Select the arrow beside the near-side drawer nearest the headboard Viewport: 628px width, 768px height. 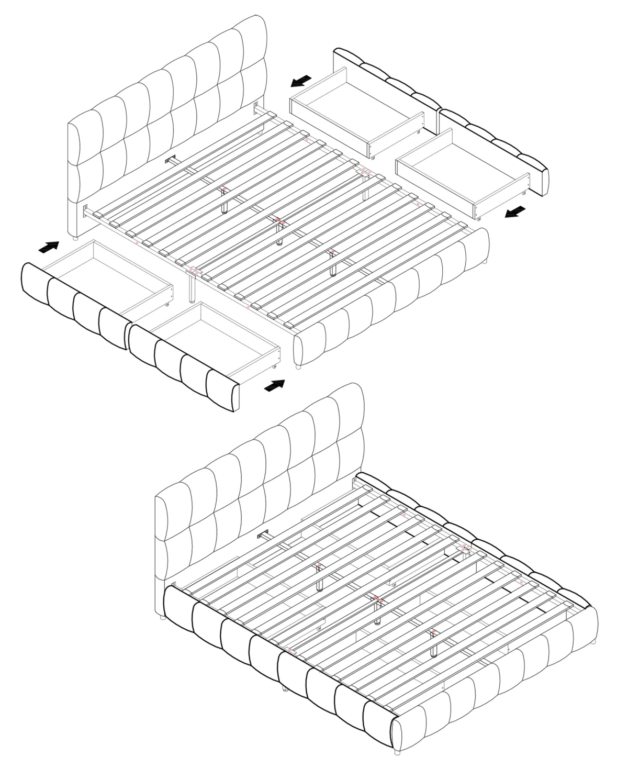pyautogui.click(x=49, y=247)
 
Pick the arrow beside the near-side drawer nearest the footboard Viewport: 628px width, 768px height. pyautogui.click(x=275, y=386)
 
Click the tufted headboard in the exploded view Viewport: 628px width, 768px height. pyautogui.click(x=167, y=115)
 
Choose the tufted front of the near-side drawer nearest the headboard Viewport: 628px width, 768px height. pyautogui.click(x=73, y=304)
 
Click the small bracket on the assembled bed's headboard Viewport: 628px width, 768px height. pyautogui.click(x=263, y=535)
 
